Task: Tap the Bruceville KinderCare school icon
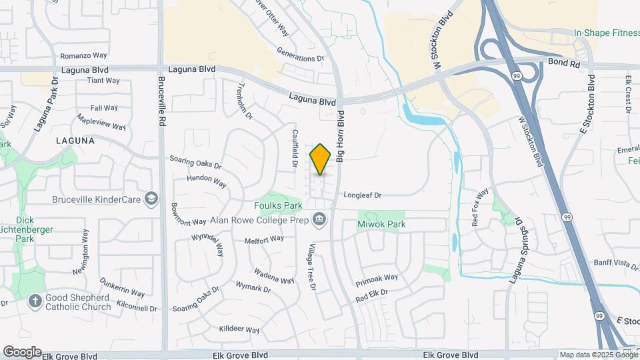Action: (152, 199)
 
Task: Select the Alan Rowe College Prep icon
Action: (320, 219)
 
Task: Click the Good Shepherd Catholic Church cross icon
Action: (35, 301)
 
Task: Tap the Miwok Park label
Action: (382, 225)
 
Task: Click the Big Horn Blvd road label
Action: (340, 136)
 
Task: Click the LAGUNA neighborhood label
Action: (75, 141)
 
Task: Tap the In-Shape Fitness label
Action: (607, 33)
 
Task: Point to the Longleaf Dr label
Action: (362, 195)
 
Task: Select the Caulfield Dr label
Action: (294, 147)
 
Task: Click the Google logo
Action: (21, 351)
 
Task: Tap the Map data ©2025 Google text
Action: (597, 355)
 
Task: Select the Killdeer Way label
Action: (239, 329)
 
